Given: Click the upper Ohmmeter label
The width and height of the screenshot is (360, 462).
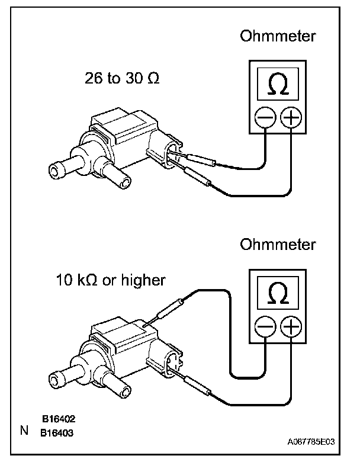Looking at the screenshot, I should point(278,37).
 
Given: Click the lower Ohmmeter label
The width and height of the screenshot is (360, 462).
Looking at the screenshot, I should point(278,245).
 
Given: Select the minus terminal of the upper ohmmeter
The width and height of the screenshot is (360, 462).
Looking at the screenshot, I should point(265,118).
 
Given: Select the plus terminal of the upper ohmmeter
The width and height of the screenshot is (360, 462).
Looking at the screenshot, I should point(290,118).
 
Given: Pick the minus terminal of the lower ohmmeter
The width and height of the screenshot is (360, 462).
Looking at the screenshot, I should point(265,326).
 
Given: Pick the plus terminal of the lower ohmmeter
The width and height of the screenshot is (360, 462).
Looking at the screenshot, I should point(290,326).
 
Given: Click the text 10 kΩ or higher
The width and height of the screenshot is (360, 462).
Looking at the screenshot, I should point(111,280).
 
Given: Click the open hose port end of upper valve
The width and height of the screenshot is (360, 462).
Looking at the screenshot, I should point(56,172).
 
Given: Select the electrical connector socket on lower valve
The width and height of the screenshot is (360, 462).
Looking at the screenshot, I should point(171,360).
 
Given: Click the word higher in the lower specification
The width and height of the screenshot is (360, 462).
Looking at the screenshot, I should point(143,280).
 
